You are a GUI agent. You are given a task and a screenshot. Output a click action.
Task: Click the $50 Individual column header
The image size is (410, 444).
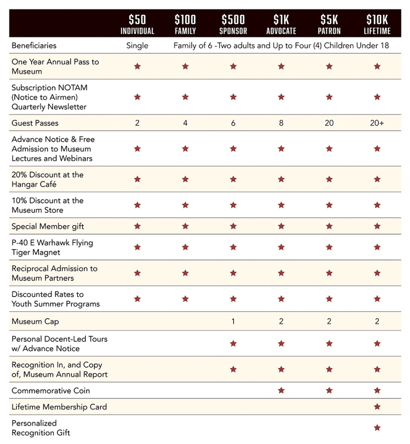tap(137, 24)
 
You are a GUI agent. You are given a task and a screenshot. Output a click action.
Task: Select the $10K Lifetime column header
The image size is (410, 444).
tap(377, 24)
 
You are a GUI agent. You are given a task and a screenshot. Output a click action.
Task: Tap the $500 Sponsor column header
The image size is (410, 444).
tap(233, 24)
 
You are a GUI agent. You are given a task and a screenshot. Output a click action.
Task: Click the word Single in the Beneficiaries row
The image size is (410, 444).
tap(137, 46)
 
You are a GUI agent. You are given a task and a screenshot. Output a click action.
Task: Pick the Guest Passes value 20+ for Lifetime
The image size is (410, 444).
tap(377, 123)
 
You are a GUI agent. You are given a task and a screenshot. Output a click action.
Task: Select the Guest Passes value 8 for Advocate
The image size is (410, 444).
tap(281, 123)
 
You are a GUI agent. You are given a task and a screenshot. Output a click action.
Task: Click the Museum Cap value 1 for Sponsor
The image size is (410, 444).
tap(233, 322)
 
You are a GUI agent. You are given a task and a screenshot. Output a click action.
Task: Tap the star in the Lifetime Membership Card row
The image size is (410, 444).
tap(377, 407)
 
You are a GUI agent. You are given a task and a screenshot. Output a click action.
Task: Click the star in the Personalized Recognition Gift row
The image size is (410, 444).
tap(377, 428)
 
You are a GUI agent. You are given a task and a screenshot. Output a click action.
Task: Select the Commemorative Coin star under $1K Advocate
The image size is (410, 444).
tap(281, 391)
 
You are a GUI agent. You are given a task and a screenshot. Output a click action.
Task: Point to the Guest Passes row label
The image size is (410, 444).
tap(35, 123)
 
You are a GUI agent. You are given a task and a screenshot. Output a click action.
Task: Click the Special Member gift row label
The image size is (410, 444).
tap(48, 226)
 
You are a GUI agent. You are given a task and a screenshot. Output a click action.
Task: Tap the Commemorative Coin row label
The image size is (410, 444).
tap(51, 391)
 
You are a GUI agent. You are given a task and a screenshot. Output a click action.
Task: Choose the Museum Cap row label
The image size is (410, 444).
tap(35, 322)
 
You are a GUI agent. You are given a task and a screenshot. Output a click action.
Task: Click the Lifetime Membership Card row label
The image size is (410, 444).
tap(59, 407)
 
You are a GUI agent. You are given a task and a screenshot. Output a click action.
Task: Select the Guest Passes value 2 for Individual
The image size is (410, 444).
tap(137, 123)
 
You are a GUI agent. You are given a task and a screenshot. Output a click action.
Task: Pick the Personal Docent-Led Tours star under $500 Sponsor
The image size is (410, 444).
tap(233, 344)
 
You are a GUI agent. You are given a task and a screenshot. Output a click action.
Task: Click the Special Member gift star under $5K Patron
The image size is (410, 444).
tap(329, 226)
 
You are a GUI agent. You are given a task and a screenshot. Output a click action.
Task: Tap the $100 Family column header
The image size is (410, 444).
tap(185, 24)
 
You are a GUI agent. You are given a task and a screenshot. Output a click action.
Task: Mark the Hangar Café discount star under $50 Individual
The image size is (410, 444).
tap(137, 179)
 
